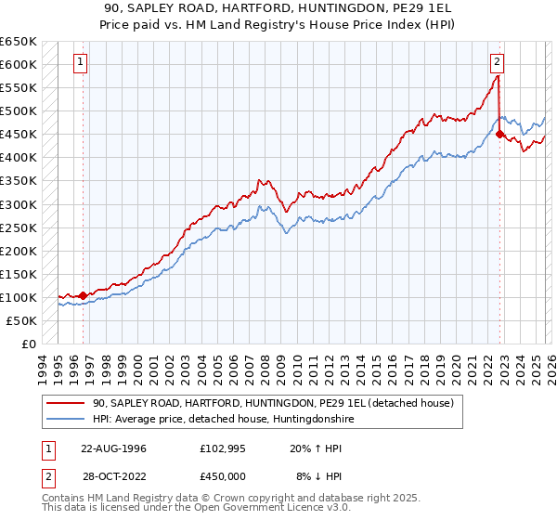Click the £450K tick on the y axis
(19, 135)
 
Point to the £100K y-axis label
(19, 297)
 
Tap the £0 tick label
(29, 344)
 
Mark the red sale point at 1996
(83, 295)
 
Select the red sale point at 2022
(499, 135)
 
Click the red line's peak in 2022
(497, 76)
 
